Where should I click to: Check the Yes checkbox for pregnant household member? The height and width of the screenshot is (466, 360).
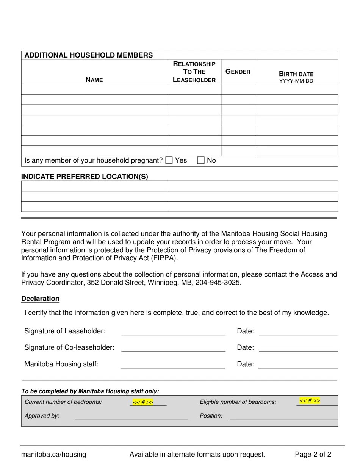pos(169,160)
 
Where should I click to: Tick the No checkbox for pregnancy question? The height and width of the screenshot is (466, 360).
pos(201,160)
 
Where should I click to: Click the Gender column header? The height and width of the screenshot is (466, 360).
pos(238,72)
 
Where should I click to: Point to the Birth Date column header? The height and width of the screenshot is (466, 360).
pos(296,74)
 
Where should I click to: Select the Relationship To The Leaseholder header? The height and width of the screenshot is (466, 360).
pos(194,72)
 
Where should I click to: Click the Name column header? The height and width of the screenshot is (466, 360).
pos(94,80)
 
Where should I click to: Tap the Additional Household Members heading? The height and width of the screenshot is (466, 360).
pos(89,55)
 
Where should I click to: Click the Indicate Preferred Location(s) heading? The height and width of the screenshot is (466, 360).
pos(85,177)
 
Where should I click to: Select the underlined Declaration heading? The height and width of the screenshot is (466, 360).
pos(40,299)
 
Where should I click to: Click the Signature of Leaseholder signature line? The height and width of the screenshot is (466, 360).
pos(173,332)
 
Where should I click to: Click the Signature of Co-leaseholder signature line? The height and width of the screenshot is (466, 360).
pos(173,349)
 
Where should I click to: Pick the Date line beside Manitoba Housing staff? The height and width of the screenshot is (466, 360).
pos(298,365)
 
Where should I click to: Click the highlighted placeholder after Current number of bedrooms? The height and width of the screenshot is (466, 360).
pos(143,402)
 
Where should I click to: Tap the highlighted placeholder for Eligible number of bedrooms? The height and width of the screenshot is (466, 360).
pos(310,401)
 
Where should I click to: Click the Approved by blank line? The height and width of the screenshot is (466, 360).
pos(131,416)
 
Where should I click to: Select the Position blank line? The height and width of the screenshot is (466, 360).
pos(283,416)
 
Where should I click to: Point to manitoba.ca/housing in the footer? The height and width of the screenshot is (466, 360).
pos(53,454)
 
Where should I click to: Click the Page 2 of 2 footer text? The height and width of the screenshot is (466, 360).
pos(313,454)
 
